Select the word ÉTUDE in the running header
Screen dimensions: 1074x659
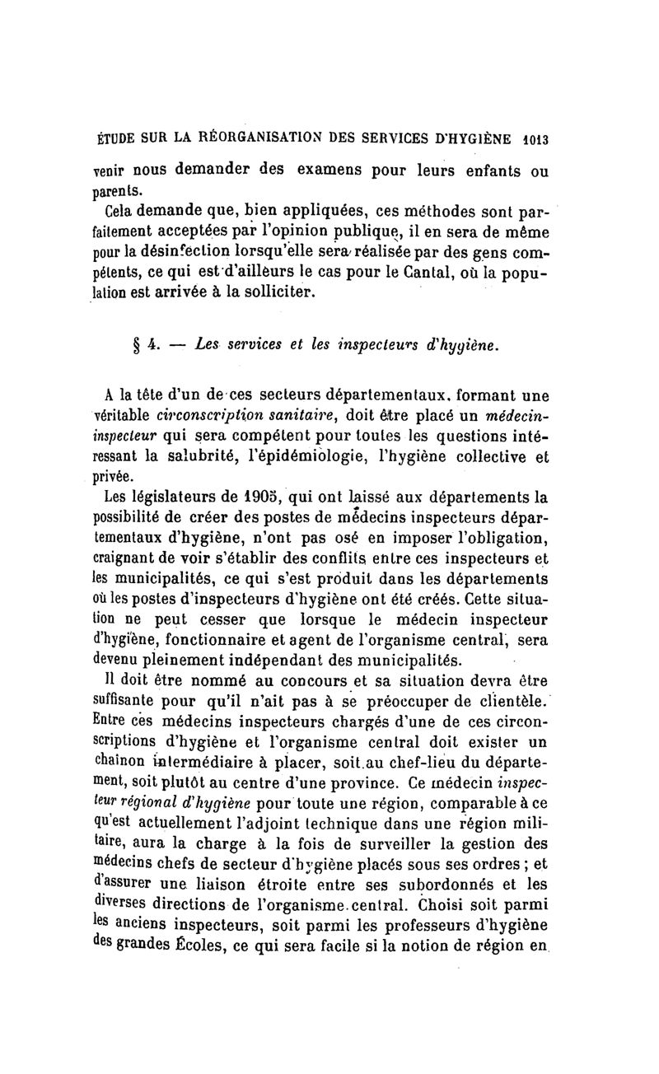(115, 139)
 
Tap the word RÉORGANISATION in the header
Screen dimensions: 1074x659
(257, 139)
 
